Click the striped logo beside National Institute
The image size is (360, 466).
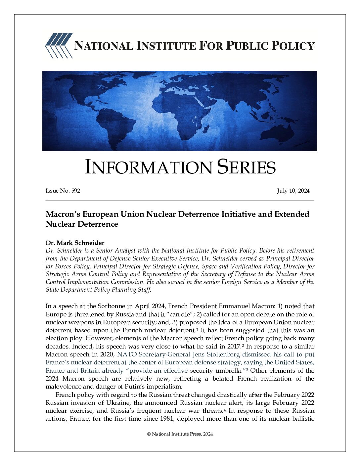point(59,46)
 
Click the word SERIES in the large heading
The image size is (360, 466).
point(246,167)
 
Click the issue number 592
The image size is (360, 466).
point(75,191)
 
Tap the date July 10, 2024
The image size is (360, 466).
point(293,191)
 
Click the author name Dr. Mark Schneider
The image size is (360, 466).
point(75,243)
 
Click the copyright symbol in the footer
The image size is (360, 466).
point(149,434)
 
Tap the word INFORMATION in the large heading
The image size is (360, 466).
point(148,167)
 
